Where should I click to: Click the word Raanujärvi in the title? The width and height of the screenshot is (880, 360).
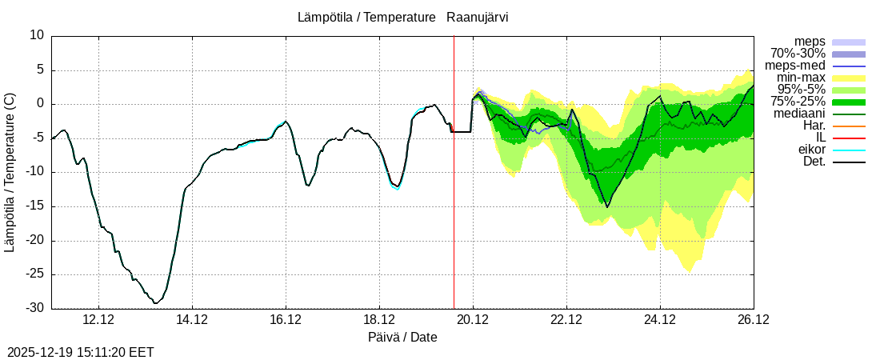pyautogui.click(x=478, y=17)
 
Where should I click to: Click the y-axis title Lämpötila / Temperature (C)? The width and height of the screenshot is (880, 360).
pyautogui.click(x=10, y=172)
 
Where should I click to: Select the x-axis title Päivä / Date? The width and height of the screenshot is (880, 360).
pyautogui.click(x=402, y=337)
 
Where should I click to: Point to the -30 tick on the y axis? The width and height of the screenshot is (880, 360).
pyautogui.click(x=36, y=309)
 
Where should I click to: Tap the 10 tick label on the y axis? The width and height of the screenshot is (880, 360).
pyautogui.click(x=37, y=35)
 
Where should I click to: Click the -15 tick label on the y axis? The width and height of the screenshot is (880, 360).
pyautogui.click(x=36, y=206)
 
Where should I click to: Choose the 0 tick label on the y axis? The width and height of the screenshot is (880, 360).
pyautogui.click(x=40, y=104)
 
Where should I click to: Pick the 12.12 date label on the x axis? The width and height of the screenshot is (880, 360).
pyautogui.click(x=98, y=319)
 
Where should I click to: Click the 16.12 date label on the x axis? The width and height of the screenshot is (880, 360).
pyautogui.click(x=286, y=319)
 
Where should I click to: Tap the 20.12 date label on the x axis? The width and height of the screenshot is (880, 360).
pyautogui.click(x=473, y=319)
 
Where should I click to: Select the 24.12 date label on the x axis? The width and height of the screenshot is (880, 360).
pyautogui.click(x=660, y=319)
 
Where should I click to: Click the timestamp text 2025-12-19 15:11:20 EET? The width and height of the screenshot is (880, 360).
pyautogui.click(x=81, y=352)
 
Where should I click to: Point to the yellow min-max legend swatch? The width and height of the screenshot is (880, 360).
pyautogui.click(x=849, y=78)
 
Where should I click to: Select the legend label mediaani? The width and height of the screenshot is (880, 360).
pyautogui.click(x=799, y=114)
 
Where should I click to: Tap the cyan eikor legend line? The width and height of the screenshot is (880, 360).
pyautogui.click(x=849, y=150)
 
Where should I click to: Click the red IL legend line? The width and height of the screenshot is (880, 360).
pyautogui.click(x=849, y=138)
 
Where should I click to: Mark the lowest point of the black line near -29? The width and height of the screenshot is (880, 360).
pyautogui.click(x=156, y=303)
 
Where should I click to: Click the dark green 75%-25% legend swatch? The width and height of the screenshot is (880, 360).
pyautogui.click(x=849, y=102)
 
